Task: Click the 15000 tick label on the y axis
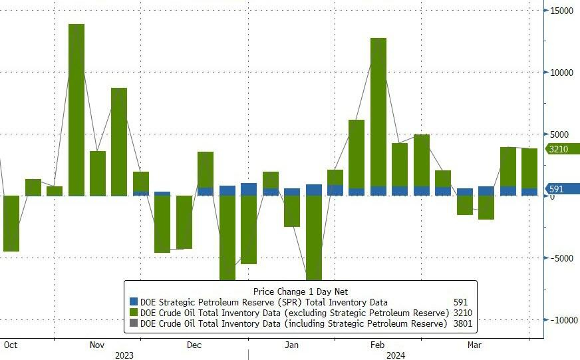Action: click(x=561, y=11)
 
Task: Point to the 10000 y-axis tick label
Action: click(x=561, y=73)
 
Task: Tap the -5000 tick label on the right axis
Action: click(x=561, y=258)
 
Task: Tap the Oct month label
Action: click(x=10, y=345)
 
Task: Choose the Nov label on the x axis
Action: click(x=97, y=345)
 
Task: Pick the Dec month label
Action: click(x=194, y=345)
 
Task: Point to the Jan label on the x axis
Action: click(x=291, y=345)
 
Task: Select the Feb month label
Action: click(x=377, y=345)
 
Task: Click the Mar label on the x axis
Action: click(x=474, y=345)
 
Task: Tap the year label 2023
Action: click(x=124, y=355)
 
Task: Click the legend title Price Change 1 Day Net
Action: click(x=300, y=291)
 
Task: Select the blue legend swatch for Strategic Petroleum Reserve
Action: click(x=134, y=302)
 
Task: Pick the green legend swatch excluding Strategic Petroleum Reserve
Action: click(x=134, y=313)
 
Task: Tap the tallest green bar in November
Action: click(x=76, y=110)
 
